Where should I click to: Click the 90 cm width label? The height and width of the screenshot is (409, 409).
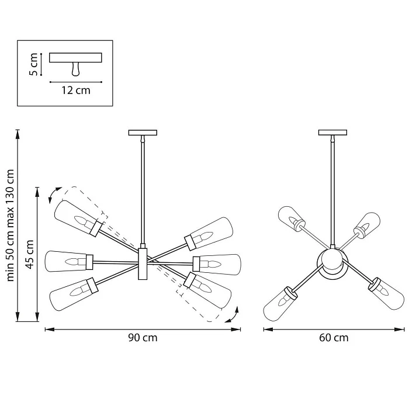(143, 338)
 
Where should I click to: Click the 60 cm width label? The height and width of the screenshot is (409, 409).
(334, 338)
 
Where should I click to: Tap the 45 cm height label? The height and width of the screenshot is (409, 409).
(30, 254)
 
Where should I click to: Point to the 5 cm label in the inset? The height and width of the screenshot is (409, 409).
(34, 65)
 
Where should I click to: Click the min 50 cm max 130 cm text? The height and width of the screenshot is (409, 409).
(10, 225)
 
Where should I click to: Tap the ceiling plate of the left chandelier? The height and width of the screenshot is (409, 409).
(143, 132)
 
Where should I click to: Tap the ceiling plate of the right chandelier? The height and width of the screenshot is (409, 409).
(333, 132)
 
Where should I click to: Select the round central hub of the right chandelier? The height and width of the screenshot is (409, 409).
(331, 261)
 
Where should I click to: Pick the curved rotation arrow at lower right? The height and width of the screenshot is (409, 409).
(233, 316)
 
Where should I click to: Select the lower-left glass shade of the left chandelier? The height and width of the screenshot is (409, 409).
(73, 293)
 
